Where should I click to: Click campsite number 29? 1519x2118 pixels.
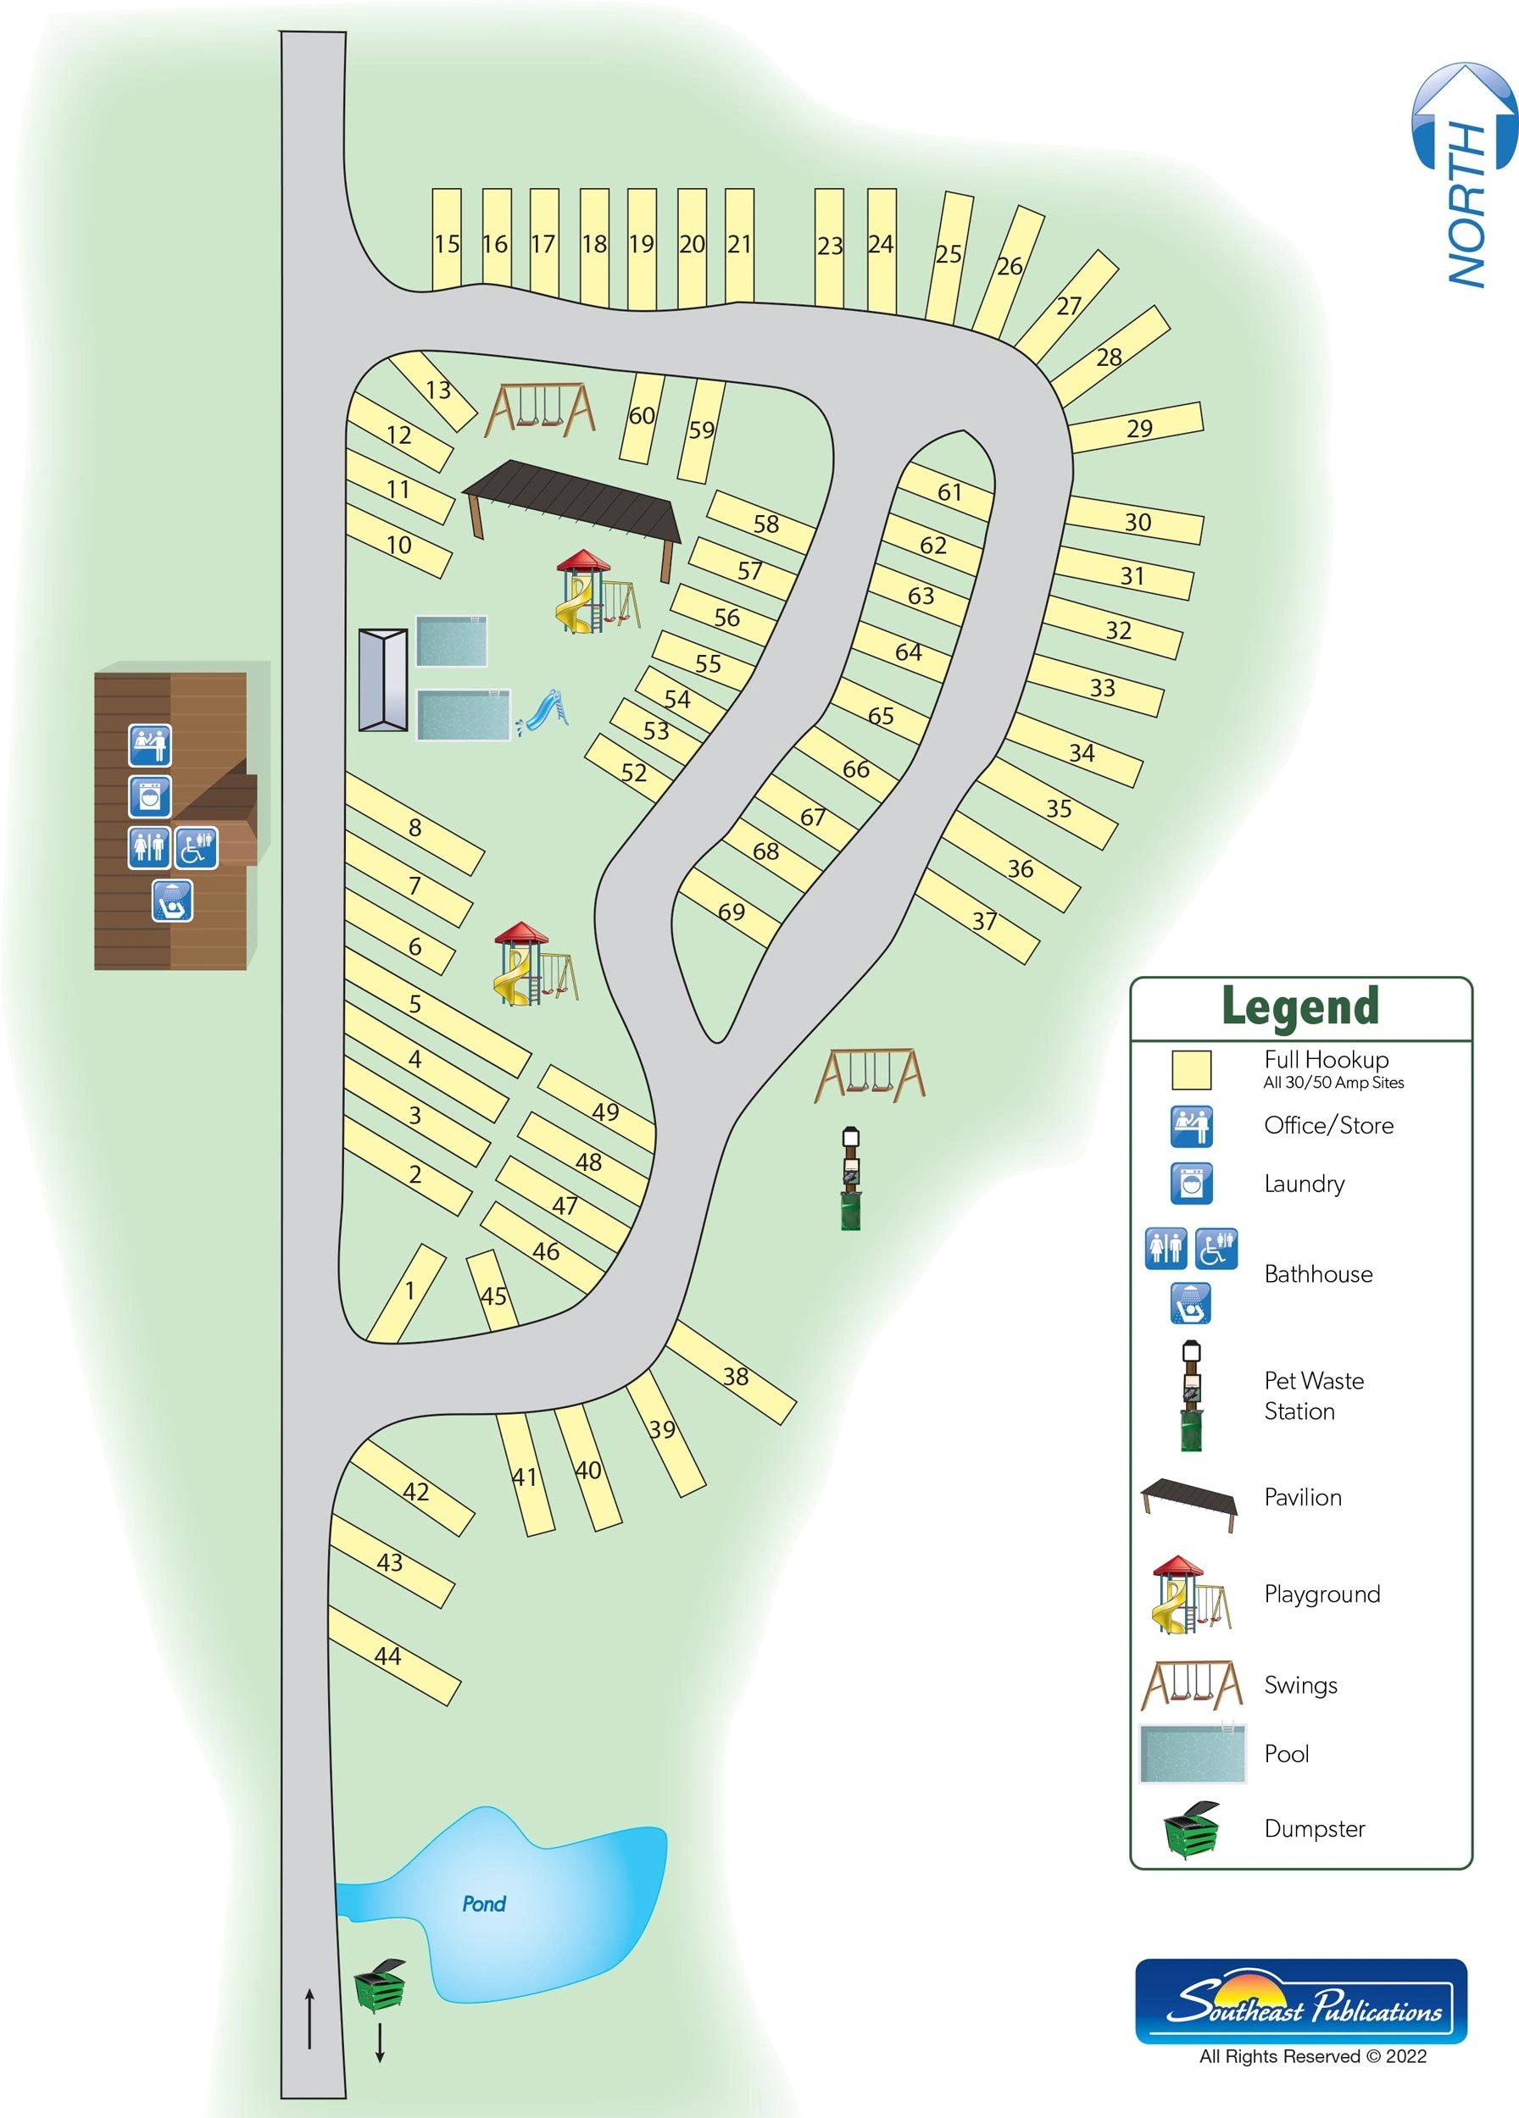pos(1138,429)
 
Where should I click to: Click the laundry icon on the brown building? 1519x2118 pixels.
pos(149,796)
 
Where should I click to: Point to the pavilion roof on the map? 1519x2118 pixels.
pos(571,502)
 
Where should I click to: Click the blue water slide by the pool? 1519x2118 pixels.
pos(543,711)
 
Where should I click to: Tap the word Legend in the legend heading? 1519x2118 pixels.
pos(1300,1006)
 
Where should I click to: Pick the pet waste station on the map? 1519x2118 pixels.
pos(850,1178)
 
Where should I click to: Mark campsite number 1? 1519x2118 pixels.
pos(409,1293)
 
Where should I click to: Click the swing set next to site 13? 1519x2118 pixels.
pos(540,410)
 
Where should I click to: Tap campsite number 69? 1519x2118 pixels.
pos(731,912)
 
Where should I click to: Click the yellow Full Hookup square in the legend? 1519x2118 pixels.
pos(1191,1070)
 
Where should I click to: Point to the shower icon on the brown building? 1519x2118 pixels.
pos(173,901)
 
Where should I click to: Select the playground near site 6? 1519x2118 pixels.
pos(532,964)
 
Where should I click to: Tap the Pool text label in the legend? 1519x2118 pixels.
pos(1287,1753)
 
